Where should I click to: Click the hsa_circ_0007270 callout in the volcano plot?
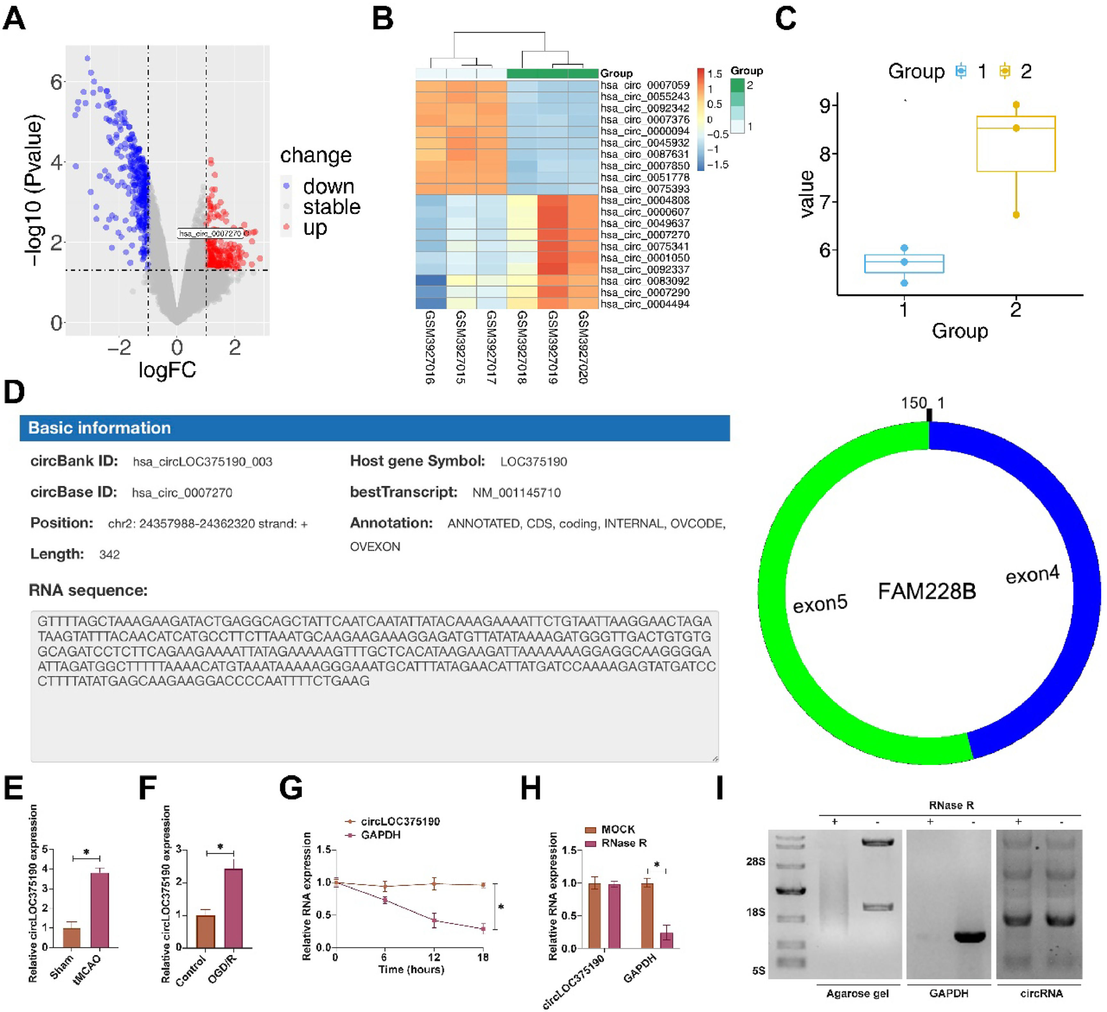pos(210,233)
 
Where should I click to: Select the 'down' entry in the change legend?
pos(328,187)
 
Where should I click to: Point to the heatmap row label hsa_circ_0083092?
pos(645,281)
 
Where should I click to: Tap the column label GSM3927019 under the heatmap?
pos(553,346)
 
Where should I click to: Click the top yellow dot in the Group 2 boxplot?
pos(1016,105)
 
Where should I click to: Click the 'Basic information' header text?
pos(99,428)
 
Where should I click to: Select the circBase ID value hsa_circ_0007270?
pos(182,492)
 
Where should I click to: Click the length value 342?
pos(109,555)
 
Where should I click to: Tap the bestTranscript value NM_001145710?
pos(516,492)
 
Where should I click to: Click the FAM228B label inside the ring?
pos(926,591)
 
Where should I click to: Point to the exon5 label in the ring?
pos(820,603)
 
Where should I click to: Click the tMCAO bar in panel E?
pos(99,911)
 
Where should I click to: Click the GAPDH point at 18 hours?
pos(483,928)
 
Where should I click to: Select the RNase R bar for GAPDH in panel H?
pos(667,940)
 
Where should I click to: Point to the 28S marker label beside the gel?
pos(756,862)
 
